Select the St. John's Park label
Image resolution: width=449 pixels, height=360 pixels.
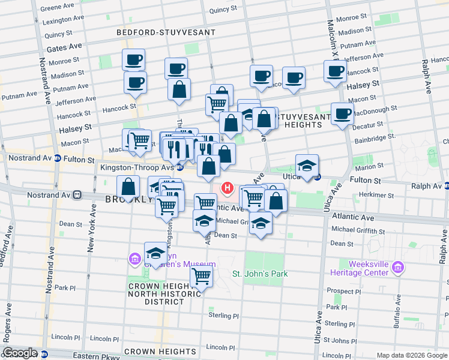click(260, 274)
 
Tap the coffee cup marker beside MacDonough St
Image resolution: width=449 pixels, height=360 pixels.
click(343, 114)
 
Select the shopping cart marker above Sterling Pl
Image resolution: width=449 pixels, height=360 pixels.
click(202, 277)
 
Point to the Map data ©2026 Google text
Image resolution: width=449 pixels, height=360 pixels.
click(412, 355)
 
